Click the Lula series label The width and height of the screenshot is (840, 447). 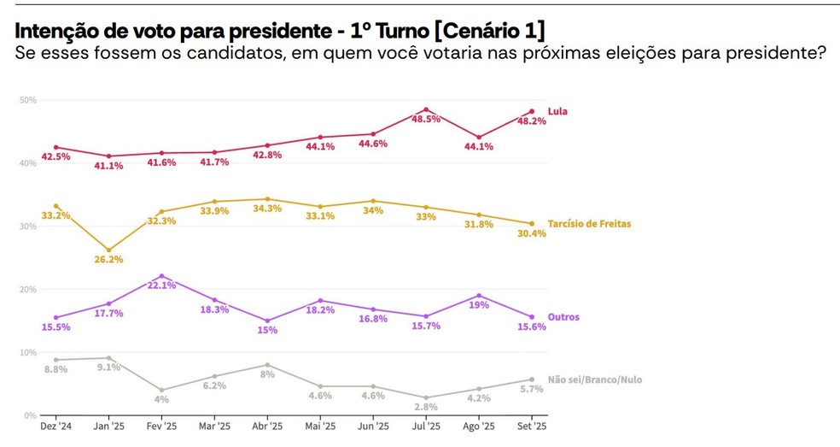click(x=557, y=111)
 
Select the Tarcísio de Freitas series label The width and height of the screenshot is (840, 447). click(x=595, y=224)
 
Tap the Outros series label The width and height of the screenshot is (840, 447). click(x=563, y=317)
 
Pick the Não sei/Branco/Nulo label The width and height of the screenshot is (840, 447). click(x=594, y=379)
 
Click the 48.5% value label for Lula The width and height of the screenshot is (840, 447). click(x=426, y=120)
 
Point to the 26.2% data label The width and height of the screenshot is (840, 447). click(x=108, y=260)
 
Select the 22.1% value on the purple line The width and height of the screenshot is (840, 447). click(x=161, y=285)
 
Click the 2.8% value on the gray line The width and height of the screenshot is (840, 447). click(x=426, y=407)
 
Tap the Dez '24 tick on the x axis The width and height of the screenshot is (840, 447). click(x=55, y=426)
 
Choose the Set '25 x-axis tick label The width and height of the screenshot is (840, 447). click(x=532, y=426)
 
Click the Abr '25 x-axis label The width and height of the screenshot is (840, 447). click(x=267, y=426)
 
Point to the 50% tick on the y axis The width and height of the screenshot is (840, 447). click(x=27, y=100)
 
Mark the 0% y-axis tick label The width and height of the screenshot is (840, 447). click(x=30, y=415)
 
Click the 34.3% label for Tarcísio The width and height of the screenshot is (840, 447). click(x=267, y=209)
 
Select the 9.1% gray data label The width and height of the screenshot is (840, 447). click(x=108, y=368)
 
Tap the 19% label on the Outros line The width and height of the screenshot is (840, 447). click(x=479, y=305)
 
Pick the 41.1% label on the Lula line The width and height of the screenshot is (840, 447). click(x=108, y=166)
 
